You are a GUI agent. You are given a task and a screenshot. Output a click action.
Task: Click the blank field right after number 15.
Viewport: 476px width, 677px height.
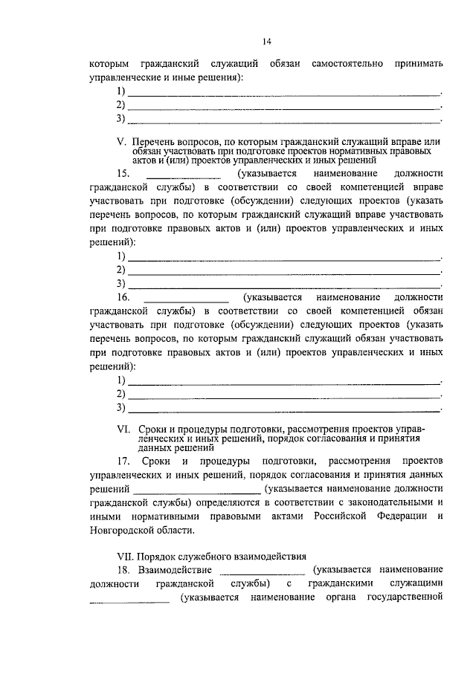click(184, 174)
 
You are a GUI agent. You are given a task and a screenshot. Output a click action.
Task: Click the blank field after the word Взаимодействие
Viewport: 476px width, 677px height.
click(263, 570)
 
